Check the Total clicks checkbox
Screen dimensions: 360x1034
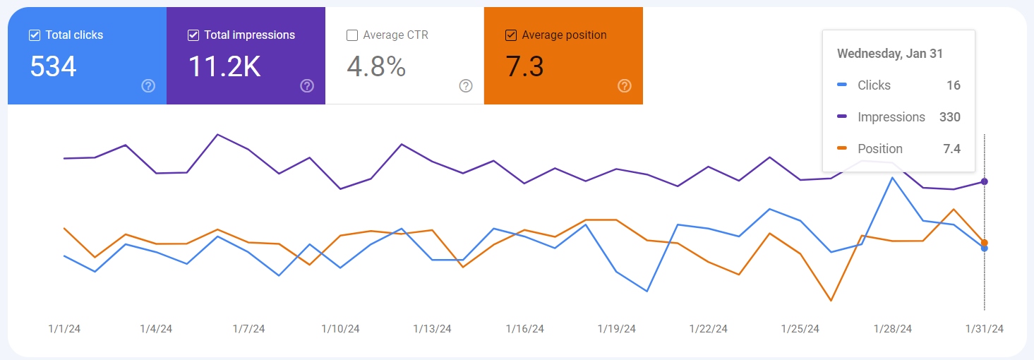[x=34, y=35]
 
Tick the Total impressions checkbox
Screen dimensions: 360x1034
[x=193, y=35]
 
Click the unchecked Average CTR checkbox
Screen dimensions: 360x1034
[x=352, y=35]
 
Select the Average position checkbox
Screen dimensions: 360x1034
[x=511, y=35]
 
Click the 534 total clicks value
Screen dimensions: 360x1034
[x=54, y=66]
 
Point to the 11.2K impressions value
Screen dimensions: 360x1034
[x=224, y=66]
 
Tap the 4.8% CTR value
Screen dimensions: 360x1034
[x=376, y=66]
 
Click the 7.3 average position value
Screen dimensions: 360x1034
[x=525, y=66]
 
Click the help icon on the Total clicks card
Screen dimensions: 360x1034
[x=148, y=86]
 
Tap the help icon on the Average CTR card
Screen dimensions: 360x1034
[x=466, y=86]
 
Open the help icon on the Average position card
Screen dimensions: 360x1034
[x=625, y=86]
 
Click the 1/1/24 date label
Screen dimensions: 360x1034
[x=64, y=329]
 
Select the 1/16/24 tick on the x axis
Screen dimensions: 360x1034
[x=524, y=329]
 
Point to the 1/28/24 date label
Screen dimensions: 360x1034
[x=893, y=329]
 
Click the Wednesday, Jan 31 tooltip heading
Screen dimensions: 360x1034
[x=889, y=54]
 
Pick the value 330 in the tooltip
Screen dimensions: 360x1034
[x=949, y=117]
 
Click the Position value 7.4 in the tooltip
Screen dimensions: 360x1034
[x=951, y=149]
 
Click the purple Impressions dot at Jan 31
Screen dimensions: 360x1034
[x=985, y=181]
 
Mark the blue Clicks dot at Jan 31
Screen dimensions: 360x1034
[x=985, y=248]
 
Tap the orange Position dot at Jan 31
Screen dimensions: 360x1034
[x=985, y=242]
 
